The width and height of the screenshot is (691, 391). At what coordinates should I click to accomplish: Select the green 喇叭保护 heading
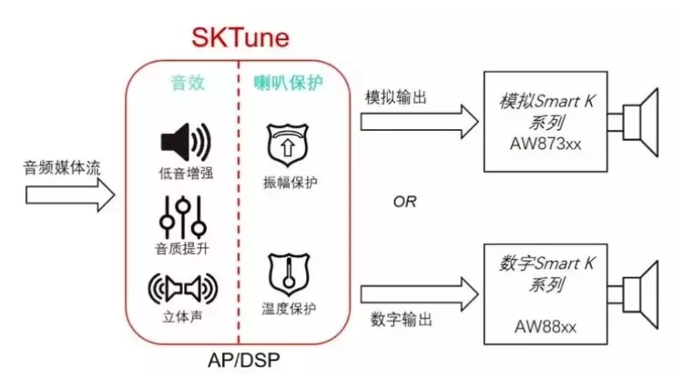pyautogui.click(x=287, y=83)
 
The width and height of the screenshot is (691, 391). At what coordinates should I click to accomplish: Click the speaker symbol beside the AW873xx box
pyautogui.click(x=636, y=122)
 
